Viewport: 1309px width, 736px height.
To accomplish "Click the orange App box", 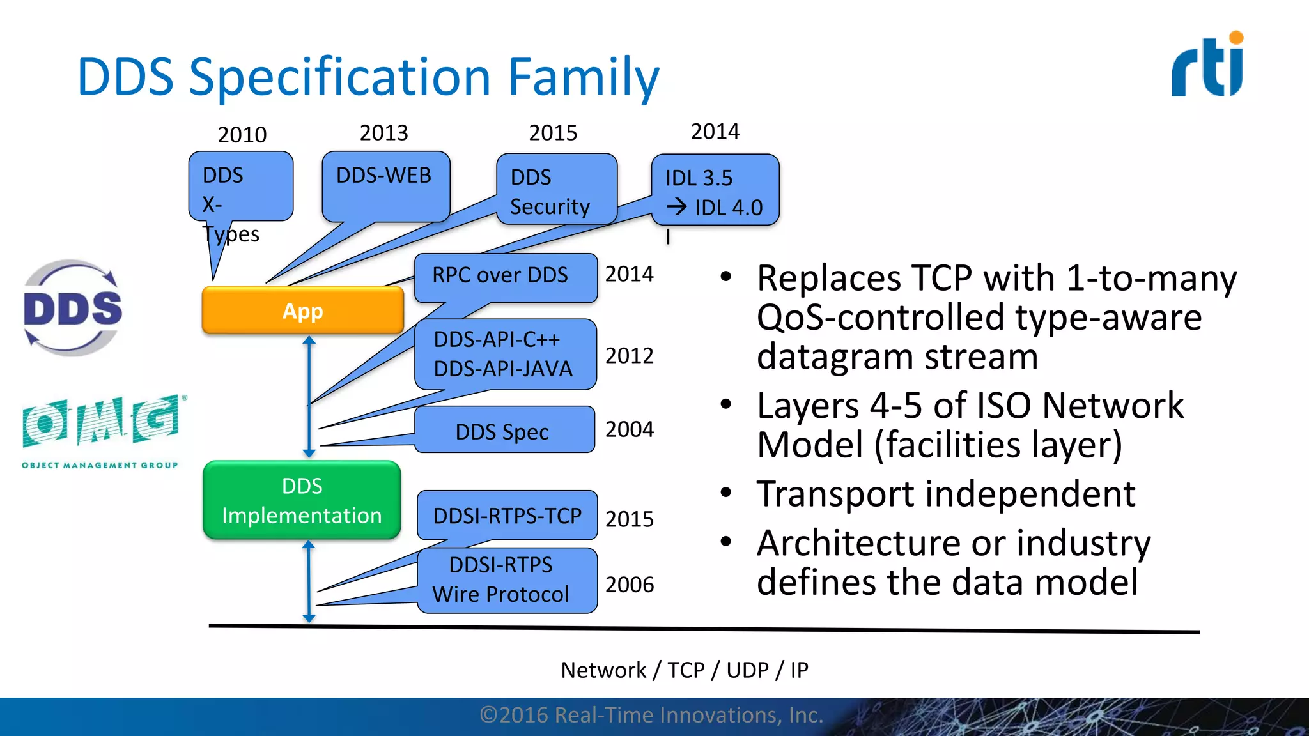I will coord(302,310).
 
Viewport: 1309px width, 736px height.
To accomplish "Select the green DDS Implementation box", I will coord(302,500).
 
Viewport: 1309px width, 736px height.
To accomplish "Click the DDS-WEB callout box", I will coord(385,185).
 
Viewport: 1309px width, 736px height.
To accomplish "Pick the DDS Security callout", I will coord(555,190).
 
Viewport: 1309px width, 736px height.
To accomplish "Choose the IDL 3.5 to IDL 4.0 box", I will coord(715,190).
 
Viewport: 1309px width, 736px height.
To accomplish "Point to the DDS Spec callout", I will coord(504,431).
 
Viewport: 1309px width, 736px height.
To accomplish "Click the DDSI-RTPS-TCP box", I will coord(507,515).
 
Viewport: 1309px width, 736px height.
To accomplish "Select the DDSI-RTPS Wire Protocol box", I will coord(506,580).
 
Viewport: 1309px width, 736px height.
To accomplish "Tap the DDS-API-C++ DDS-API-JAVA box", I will coord(505,355).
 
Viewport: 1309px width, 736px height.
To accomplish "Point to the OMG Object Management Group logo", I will coord(101,431).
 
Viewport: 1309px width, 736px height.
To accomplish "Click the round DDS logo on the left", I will coord(72,308).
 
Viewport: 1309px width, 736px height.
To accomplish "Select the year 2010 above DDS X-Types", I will coord(242,135).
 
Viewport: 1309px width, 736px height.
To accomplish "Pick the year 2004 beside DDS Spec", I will coord(629,429).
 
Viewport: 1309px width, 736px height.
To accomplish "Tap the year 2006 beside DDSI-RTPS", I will coord(629,585).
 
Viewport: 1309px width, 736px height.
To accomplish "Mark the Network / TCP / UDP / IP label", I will coord(684,670).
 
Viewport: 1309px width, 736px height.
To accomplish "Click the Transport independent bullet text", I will coord(945,494).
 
